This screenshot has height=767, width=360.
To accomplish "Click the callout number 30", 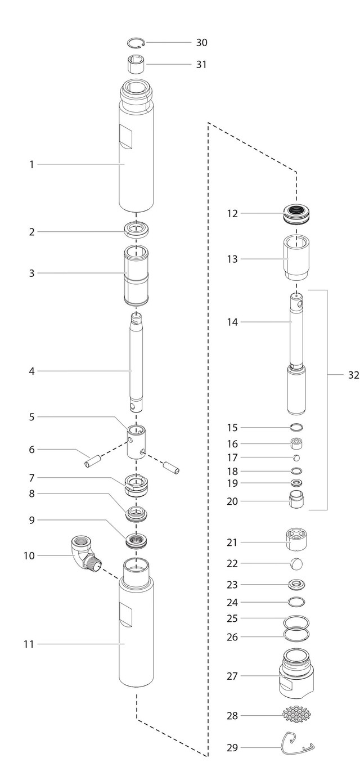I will [x=201, y=43].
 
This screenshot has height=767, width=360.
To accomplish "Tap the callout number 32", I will [x=353, y=375].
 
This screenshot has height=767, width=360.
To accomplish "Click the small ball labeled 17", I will [x=296, y=458].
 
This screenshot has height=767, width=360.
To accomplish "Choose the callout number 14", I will [x=232, y=322].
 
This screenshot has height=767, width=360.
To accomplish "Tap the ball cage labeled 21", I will [x=296, y=541].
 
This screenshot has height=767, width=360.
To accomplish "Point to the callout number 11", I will [x=29, y=644].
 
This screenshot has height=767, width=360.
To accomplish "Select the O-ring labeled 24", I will [x=296, y=602].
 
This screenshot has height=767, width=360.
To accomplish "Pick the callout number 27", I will [x=232, y=676].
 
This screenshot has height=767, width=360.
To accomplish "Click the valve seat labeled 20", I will [x=296, y=500].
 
